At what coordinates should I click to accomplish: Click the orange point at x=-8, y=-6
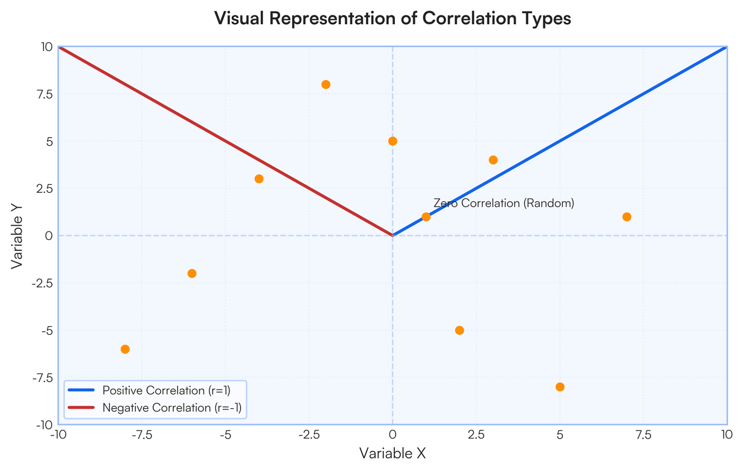(x=125, y=349)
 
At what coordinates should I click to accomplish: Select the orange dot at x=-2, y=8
(x=325, y=84)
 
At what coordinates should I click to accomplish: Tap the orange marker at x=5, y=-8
(x=560, y=387)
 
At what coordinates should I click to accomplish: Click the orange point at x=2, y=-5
(x=459, y=330)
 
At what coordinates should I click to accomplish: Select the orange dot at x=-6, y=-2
(x=192, y=274)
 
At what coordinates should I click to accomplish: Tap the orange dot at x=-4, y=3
(x=259, y=179)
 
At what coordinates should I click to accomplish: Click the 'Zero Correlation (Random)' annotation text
(x=503, y=203)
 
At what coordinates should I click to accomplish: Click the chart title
(x=392, y=19)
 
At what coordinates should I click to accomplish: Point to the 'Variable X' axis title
(x=392, y=453)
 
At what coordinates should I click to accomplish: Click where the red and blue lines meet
(x=392, y=235)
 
